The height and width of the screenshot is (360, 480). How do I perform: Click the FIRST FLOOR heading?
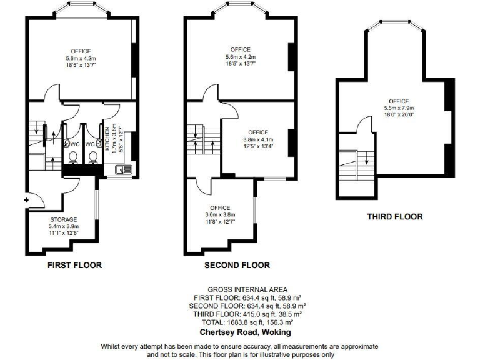pyautogui.click(x=75, y=265)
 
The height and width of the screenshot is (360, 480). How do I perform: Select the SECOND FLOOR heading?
pyautogui.click(x=237, y=265)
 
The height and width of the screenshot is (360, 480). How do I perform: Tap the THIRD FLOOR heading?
pyautogui.click(x=394, y=217)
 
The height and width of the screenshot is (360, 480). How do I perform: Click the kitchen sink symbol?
pyautogui.click(x=124, y=168)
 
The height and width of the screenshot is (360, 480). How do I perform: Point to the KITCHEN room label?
pyautogui.click(x=107, y=139)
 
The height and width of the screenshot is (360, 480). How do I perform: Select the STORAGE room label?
pyautogui.click(x=64, y=219)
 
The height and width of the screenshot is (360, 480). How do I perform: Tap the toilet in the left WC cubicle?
pyautogui.click(x=73, y=157)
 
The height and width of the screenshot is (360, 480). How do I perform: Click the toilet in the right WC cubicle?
pyautogui.click(x=94, y=157)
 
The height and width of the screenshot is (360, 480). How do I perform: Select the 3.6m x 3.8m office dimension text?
pyautogui.click(x=220, y=214)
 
